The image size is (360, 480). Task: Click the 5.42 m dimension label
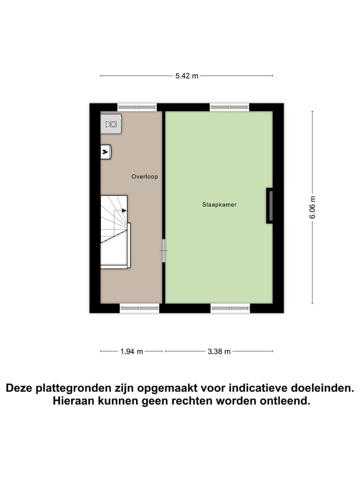[186, 76]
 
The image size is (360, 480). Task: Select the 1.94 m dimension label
[131, 351]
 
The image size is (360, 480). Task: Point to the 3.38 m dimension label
[219, 351]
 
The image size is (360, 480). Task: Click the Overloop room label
[144, 176]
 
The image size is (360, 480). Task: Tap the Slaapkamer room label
[219, 205]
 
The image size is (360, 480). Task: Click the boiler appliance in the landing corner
[111, 123]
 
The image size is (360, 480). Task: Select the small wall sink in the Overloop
[105, 151]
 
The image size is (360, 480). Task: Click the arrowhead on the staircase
[124, 210]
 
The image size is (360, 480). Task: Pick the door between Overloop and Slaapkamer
[163, 249]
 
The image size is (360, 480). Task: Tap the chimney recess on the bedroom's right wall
[269, 205]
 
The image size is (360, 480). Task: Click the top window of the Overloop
[137, 107]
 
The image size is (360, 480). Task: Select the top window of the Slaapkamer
[229, 107]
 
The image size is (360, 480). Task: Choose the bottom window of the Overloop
[139, 308]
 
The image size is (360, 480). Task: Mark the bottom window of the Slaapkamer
[230, 308]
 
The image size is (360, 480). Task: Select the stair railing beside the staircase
[129, 245]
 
